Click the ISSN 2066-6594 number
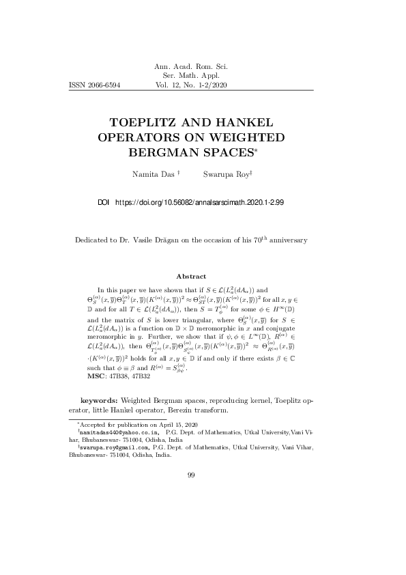coord(95,86)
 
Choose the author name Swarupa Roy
coord(226,175)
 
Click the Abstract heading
coord(191,276)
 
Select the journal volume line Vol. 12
coord(191,86)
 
